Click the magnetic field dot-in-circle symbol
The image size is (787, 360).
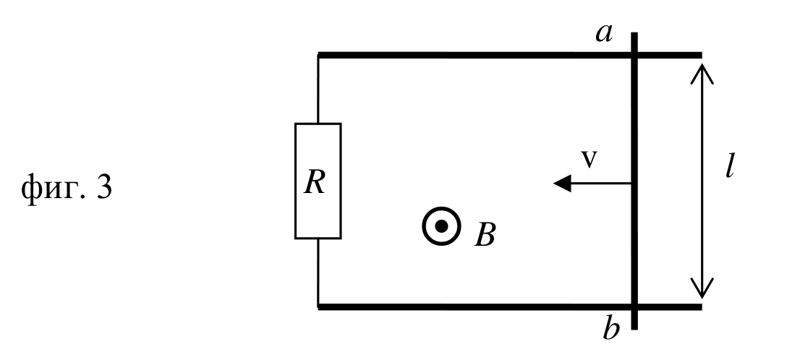tap(441, 227)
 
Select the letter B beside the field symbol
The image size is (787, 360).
tap(485, 234)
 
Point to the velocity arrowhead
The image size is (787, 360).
tap(562, 184)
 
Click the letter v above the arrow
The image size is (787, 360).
tap(590, 159)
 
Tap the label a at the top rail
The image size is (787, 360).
tap(604, 33)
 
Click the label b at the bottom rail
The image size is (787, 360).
tap(611, 329)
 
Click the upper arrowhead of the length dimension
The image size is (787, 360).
tap(702, 73)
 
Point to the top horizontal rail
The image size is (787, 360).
tap(509, 55)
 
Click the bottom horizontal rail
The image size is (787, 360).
tap(509, 307)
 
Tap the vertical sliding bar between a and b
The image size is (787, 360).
tap(634, 181)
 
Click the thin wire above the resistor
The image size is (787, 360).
tap(318, 89)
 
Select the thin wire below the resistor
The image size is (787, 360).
tap(318, 273)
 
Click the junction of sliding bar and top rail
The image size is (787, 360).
tap(634, 55)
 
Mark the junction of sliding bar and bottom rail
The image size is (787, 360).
tap(634, 307)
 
